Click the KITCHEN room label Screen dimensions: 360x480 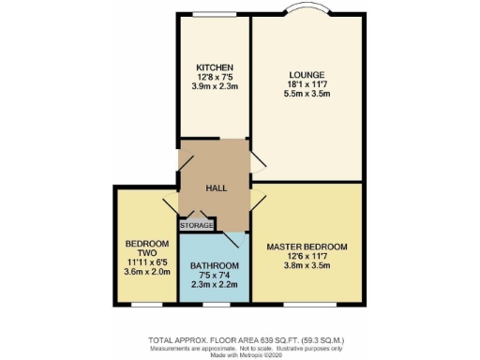pyautogui.click(x=214, y=67)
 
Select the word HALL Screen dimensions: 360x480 pyautogui.click(x=217, y=188)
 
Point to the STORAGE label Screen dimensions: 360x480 pyautogui.click(x=198, y=225)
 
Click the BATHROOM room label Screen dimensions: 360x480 pyautogui.click(x=215, y=265)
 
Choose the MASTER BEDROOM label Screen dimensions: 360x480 pyautogui.click(x=307, y=247)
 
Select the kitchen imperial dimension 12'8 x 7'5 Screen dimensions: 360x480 pyautogui.click(x=215, y=78)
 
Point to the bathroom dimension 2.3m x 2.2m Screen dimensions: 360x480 pyautogui.click(x=215, y=284)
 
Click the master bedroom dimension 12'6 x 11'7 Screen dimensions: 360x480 pyautogui.click(x=307, y=257)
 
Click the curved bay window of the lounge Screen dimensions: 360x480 pyautogui.click(x=307, y=12)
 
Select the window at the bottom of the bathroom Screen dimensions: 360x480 pyautogui.click(x=215, y=304)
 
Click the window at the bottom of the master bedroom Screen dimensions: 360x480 pyautogui.click(x=307, y=304)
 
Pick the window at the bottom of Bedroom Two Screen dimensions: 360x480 pyautogui.click(x=145, y=304)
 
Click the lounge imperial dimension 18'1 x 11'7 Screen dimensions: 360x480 pyautogui.click(x=307, y=85)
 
